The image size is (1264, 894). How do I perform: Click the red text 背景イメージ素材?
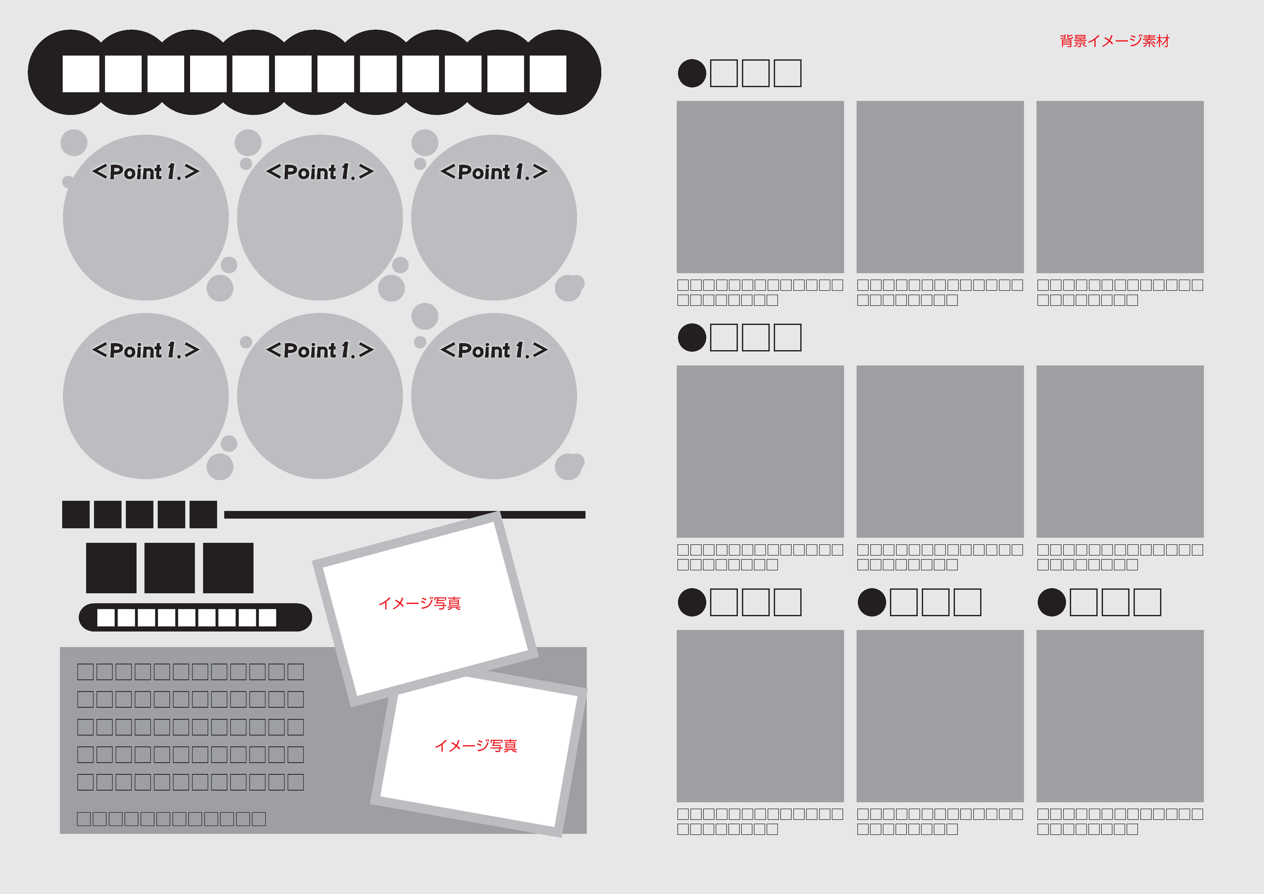tap(1114, 41)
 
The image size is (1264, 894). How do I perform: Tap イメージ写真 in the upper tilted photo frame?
tap(420, 603)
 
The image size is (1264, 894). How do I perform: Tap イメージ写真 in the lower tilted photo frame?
tap(475, 745)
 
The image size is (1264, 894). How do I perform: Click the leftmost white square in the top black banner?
tap(80, 73)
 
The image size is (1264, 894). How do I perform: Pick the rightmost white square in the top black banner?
tap(548, 73)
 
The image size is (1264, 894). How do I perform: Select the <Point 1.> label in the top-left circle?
tap(146, 172)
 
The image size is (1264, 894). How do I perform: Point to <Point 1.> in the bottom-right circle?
tap(494, 350)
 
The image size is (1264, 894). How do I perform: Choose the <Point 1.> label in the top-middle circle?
tap(320, 172)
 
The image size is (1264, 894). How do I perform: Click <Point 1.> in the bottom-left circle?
tap(146, 350)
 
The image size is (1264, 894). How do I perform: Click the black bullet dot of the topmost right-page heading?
tap(692, 73)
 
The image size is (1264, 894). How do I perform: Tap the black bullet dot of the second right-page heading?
tap(692, 338)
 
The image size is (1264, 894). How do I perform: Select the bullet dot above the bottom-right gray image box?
tap(1052, 602)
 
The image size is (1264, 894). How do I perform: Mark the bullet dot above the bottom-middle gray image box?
tap(872, 602)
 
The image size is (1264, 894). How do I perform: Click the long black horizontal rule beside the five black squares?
tap(405, 515)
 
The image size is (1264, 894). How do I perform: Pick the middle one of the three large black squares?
tap(169, 568)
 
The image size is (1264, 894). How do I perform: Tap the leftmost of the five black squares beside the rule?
tap(76, 515)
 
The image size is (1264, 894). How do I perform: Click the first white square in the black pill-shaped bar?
tap(106, 617)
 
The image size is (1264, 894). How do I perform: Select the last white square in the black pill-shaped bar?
tap(268, 617)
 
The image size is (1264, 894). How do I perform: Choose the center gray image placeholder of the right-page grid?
tap(940, 451)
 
